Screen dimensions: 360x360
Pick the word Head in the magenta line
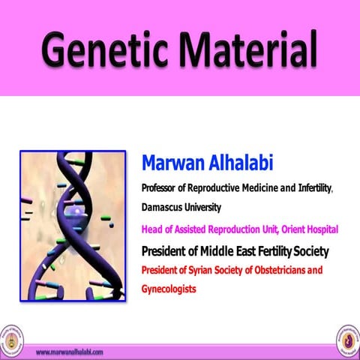click(x=151, y=229)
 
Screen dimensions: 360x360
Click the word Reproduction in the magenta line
click(x=225, y=229)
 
